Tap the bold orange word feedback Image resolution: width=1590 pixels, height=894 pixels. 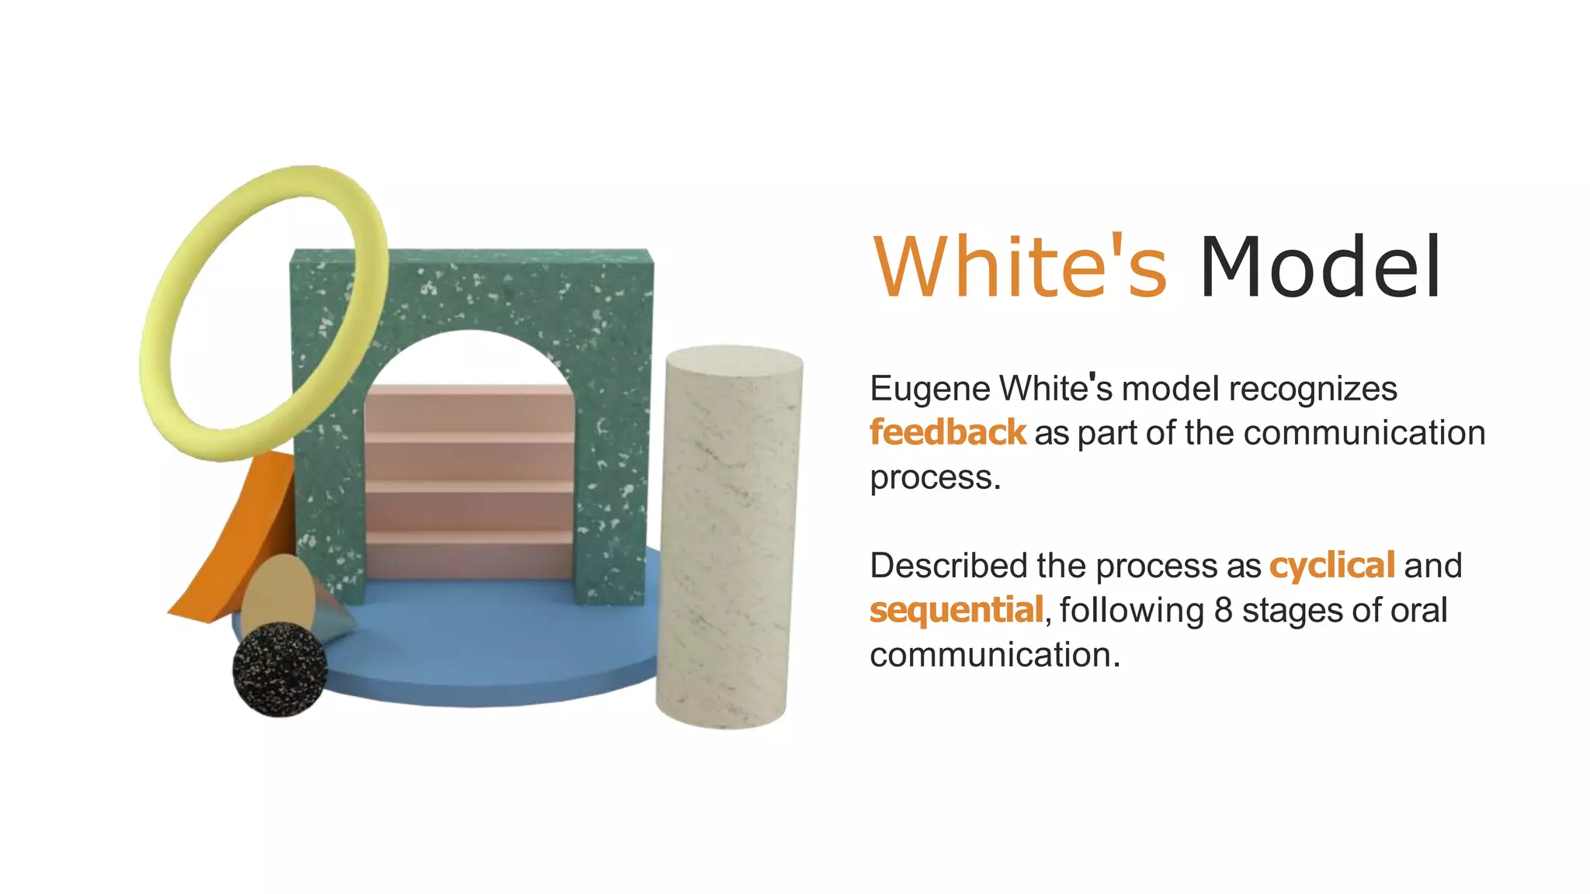coord(947,432)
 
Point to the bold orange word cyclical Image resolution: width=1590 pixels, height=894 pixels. coord(1331,566)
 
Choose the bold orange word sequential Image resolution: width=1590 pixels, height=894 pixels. coord(956,610)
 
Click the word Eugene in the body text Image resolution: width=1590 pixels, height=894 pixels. coord(929,389)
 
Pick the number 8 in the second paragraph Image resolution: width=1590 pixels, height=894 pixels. coord(1224,610)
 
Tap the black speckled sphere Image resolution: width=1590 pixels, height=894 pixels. coord(279,669)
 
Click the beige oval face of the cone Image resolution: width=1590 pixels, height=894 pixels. coord(278,594)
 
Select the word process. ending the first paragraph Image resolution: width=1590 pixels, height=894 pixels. coord(934,478)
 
